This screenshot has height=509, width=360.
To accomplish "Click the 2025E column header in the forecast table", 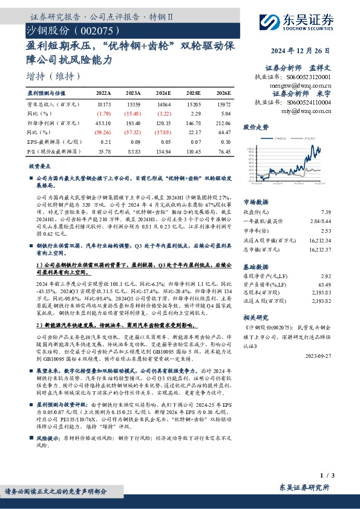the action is tap(194, 94).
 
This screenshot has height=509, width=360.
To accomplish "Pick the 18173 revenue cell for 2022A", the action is tap(104, 105).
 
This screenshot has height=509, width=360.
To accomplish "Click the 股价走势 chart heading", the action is tap(255, 128).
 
